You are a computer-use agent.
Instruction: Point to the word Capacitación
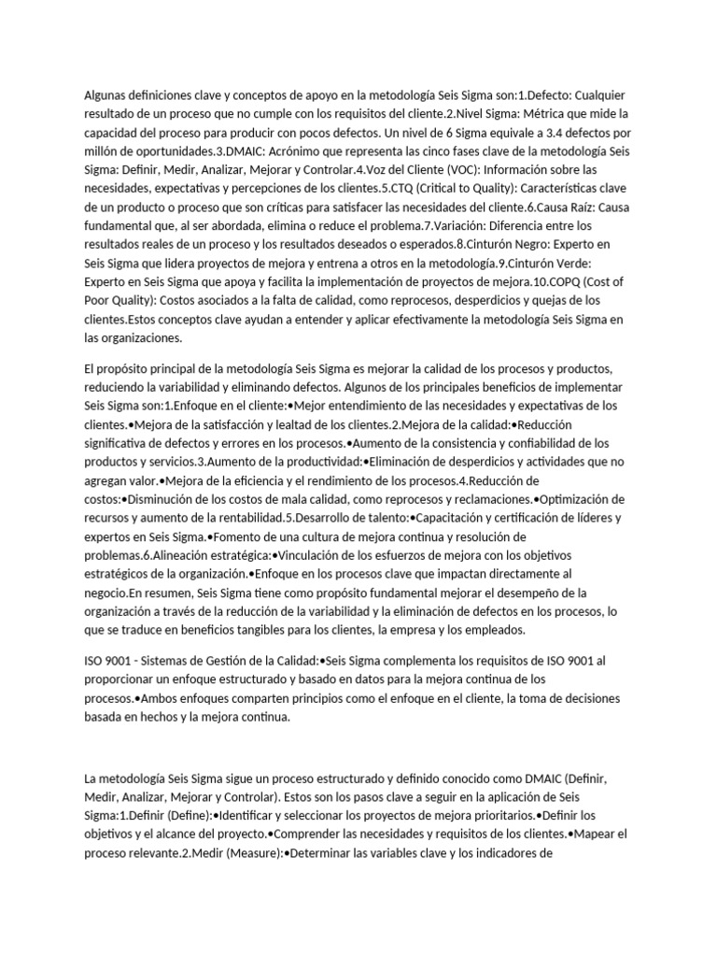[457, 517]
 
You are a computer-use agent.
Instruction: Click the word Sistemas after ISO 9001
[162, 661]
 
